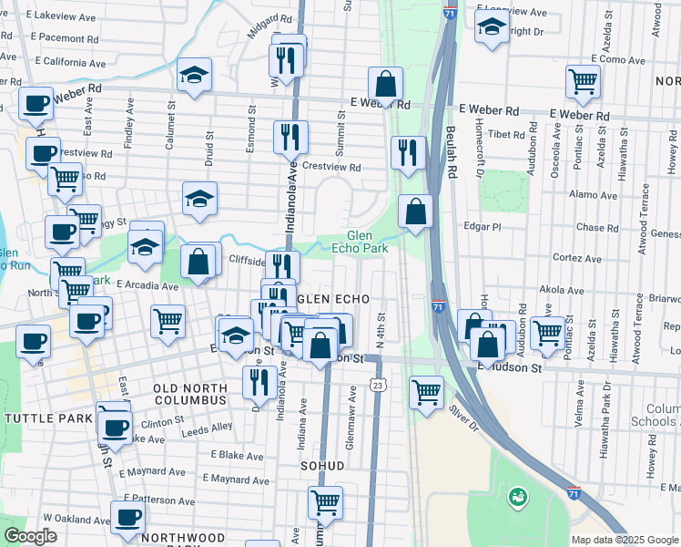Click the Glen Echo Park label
click(367, 242)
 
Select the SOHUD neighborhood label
click(323, 466)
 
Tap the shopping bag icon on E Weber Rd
click(386, 84)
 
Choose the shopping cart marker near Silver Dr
click(426, 392)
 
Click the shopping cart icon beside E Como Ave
click(583, 81)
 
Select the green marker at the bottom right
click(518, 497)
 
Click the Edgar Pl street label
click(482, 226)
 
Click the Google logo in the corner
click(30, 536)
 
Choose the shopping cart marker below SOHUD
click(325, 501)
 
